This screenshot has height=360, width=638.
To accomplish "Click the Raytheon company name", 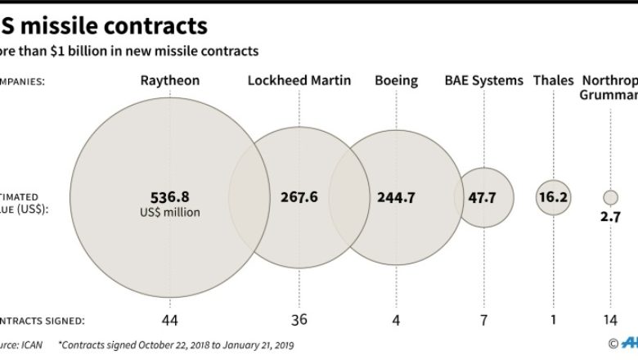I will tap(170, 80).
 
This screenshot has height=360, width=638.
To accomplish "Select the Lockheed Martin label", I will tap(299, 80).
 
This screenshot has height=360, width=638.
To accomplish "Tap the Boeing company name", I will tap(396, 80).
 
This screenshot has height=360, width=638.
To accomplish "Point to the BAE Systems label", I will tap(483, 80).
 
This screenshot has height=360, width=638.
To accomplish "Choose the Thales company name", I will tap(553, 80).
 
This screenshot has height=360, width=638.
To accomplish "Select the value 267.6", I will tap(299, 197).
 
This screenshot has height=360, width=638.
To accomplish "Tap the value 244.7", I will tap(397, 197).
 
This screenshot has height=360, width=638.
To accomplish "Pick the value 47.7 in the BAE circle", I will tap(484, 197).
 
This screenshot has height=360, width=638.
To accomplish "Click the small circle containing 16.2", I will tap(554, 197).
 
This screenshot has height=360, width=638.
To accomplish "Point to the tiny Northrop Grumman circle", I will tap(610, 197).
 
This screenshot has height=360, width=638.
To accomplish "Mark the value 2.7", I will tap(610, 217).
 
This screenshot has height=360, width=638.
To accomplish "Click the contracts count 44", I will tap(170, 321).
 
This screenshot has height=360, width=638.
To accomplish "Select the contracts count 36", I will tap(299, 321).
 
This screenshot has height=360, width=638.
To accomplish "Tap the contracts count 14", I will tap(610, 321).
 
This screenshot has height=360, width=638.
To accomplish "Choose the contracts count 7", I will tap(484, 321).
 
